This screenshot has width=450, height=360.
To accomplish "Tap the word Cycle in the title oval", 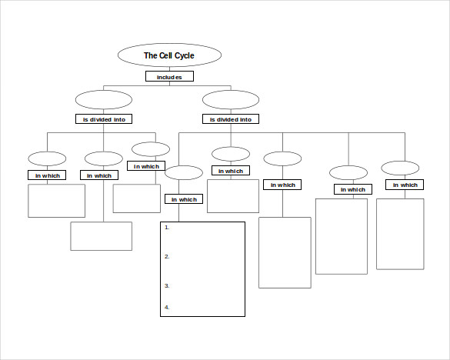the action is click(185, 55).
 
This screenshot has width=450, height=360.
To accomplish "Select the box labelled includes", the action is click(169, 76).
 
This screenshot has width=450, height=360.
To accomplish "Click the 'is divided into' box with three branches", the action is click(104, 119).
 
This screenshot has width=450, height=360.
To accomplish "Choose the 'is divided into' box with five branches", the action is click(231, 119).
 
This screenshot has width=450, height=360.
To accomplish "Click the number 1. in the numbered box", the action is click(167, 228).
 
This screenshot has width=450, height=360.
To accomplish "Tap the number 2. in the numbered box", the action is click(167, 257).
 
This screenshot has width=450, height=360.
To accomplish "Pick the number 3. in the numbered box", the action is click(167, 286).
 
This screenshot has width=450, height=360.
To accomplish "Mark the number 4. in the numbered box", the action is click(167, 308).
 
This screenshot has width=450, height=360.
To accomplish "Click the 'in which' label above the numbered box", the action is click(184, 199).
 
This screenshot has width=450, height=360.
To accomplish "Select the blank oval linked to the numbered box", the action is click(184, 173).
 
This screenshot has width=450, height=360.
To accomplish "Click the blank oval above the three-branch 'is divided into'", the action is click(104, 100).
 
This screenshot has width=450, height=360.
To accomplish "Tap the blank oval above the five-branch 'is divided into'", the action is click(231, 100).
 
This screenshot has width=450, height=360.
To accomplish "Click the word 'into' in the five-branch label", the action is click(245, 119).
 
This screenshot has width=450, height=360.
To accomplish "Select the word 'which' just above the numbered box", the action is click(188, 199).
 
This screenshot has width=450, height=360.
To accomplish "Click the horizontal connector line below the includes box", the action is click(167, 85).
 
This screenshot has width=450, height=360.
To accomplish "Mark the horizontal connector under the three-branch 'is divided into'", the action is click(102, 132).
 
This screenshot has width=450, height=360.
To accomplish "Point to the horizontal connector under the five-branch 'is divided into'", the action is click(292, 132).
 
